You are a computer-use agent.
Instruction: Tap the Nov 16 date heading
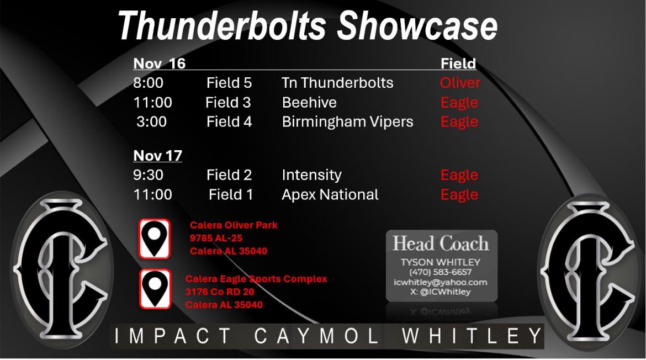[159, 63]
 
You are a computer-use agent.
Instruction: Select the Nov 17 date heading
[157, 156]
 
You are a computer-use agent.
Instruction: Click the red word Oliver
[459, 83]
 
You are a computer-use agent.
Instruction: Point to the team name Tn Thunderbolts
[337, 83]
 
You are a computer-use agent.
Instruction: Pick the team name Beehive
[309, 102]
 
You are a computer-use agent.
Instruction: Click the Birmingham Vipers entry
[347, 121]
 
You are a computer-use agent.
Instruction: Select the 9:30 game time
[148, 175]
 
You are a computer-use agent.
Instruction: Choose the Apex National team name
[330, 194]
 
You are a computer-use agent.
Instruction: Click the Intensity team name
[311, 175]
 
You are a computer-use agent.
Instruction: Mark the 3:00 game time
[151, 121]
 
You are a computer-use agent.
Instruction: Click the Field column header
[458, 63]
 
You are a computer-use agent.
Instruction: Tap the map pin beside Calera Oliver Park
[155, 239]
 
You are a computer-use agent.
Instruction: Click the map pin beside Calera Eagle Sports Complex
[155, 289]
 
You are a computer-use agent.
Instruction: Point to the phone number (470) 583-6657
[440, 272]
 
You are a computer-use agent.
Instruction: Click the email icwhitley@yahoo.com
[440, 282]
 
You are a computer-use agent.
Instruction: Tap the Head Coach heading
[440, 243]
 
